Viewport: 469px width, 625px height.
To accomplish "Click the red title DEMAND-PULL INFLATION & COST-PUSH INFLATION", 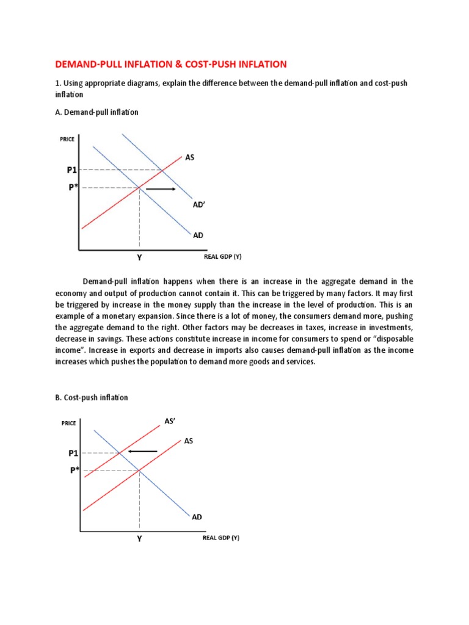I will click(x=170, y=64).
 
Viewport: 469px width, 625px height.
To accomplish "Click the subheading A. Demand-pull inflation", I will click(x=97, y=112).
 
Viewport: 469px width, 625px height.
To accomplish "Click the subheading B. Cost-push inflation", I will click(x=92, y=397).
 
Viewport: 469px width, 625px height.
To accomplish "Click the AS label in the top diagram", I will click(x=190, y=157).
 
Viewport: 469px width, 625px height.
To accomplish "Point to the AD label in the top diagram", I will click(x=197, y=235).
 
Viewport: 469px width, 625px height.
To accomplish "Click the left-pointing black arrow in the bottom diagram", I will click(x=142, y=452).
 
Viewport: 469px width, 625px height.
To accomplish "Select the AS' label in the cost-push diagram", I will click(x=170, y=421).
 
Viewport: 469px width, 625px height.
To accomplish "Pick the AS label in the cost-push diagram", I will click(x=189, y=440).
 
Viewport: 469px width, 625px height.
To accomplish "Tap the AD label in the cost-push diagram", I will click(x=197, y=517).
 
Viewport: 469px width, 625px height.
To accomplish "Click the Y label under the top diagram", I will click(x=139, y=258).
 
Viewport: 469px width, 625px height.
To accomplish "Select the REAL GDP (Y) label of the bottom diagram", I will click(x=221, y=538).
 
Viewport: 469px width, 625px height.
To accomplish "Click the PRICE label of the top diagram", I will click(x=67, y=139).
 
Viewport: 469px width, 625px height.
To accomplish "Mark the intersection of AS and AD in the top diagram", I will click(x=139, y=188).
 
